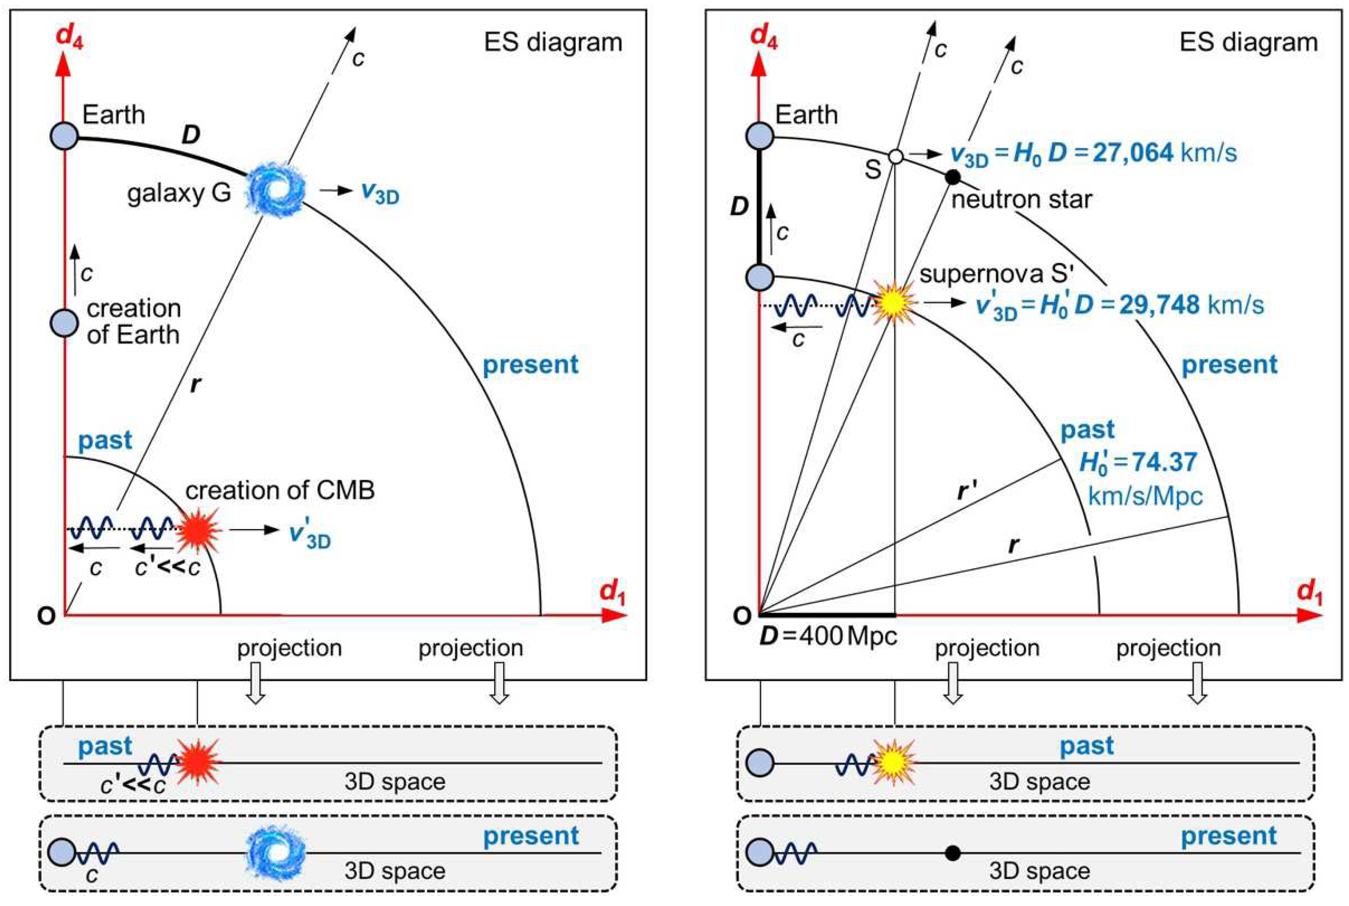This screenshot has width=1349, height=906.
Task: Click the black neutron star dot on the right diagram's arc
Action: pos(953,177)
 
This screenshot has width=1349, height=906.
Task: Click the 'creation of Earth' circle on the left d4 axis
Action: pos(65,322)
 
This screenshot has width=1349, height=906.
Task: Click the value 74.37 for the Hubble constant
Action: pos(1164,462)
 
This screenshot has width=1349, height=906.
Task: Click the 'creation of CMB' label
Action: pos(280,490)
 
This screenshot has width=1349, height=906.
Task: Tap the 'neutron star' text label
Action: pos(1021,200)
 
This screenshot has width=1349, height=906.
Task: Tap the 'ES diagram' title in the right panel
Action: pos(1248,42)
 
